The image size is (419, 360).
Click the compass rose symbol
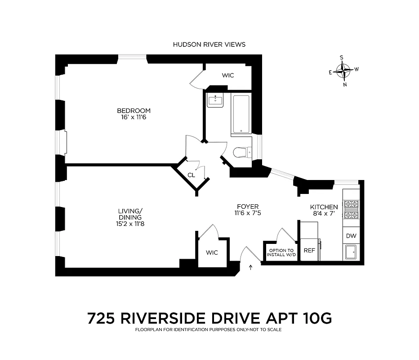(344, 71)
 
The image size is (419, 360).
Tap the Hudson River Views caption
(209, 45)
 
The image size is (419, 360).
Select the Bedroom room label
(134, 111)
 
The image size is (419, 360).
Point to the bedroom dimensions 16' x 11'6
(134, 117)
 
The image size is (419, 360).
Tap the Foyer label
(247, 207)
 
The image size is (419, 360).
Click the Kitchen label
(324, 207)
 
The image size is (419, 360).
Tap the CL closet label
(191, 175)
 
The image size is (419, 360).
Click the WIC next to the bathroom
(228, 75)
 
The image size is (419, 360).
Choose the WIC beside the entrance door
(212, 252)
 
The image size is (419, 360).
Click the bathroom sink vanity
(215, 100)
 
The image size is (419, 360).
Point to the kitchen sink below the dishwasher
(350, 252)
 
